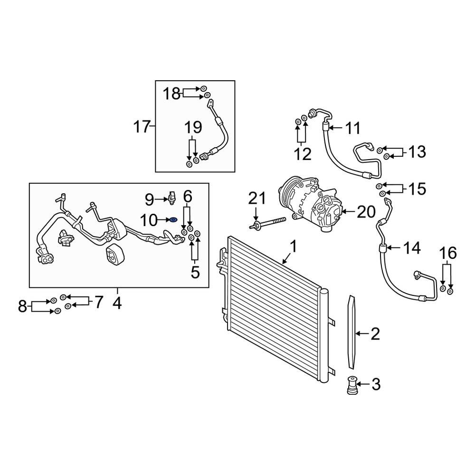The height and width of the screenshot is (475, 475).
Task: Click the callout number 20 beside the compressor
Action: [366, 212]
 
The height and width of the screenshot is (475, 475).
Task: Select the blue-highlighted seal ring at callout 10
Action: [173, 220]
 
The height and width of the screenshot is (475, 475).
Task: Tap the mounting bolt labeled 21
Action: [268, 223]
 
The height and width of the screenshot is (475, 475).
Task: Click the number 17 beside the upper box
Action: [142, 127]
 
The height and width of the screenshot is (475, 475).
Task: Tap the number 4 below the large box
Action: [117, 303]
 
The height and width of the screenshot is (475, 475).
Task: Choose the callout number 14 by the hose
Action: [412, 247]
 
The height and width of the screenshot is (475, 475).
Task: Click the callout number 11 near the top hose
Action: [352, 128]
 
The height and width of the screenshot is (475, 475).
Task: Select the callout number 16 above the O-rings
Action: [448, 253]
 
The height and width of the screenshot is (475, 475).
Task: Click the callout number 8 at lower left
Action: [23, 306]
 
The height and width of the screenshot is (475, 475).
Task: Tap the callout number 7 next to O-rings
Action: [98, 302]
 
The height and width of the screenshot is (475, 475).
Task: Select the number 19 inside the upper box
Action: [193, 127]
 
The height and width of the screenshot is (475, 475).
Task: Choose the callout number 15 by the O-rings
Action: [417, 189]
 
